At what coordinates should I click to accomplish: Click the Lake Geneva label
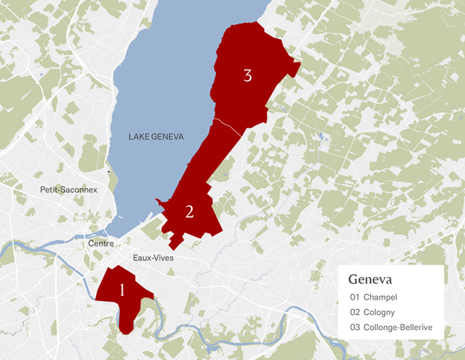[156, 136]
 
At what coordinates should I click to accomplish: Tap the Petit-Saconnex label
[69, 190]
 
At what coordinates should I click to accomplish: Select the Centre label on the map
[100, 244]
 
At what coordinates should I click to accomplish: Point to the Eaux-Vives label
[154, 257]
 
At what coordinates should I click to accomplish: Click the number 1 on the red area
[122, 290]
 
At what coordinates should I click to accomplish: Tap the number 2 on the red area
[189, 212]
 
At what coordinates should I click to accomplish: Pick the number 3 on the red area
[248, 75]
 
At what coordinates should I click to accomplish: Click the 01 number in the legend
[354, 297]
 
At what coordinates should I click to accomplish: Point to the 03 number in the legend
[354, 327]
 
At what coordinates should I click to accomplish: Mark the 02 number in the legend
[354, 312]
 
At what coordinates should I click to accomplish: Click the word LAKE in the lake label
[140, 136]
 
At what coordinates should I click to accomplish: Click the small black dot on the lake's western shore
[108, 172]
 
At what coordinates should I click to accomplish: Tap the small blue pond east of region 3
[318, 134]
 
